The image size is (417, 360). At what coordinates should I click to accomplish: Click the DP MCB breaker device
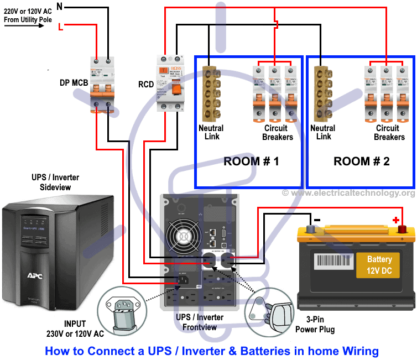[103, 82]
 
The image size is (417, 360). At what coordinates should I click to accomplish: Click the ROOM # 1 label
[248, 161]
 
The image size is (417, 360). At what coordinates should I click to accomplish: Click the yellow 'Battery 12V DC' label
[379, 265]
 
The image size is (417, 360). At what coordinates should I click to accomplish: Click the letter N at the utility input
[60, 7]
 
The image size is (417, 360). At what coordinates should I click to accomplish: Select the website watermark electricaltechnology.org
[348, 193]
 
